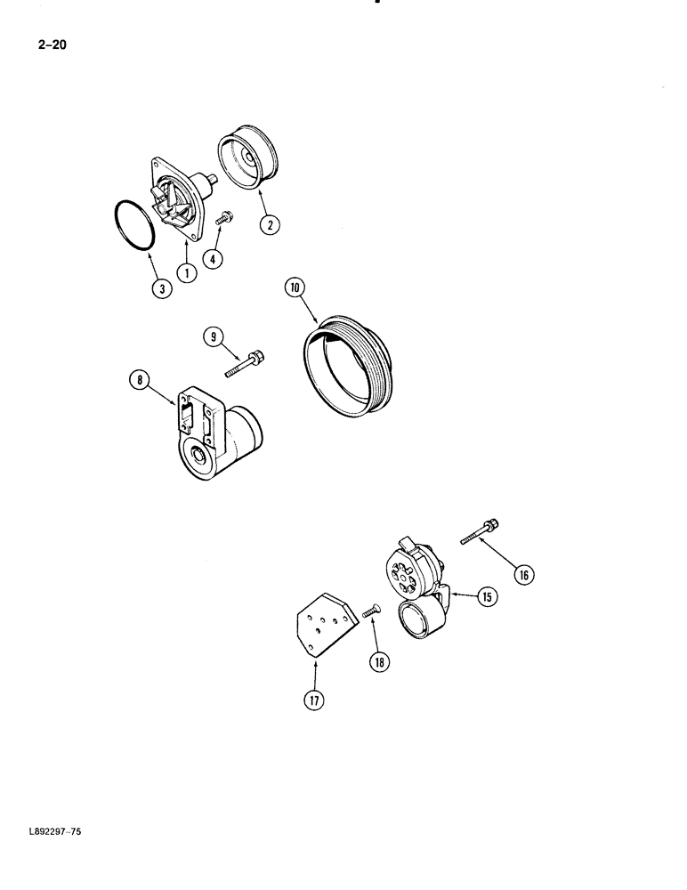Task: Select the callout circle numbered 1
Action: (x=186, y=274)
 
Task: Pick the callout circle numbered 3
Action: (x=160, y=289)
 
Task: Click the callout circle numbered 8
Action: (x=140, y=381)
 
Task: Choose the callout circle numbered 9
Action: (x=212, y=336)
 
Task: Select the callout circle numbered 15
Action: (x=487, y=597)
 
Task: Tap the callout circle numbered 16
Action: (x=524, y=575)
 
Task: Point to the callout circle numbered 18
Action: (x=382, y=661)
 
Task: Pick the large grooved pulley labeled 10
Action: (x=351, y=366)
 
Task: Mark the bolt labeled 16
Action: (x=482, y=532)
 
